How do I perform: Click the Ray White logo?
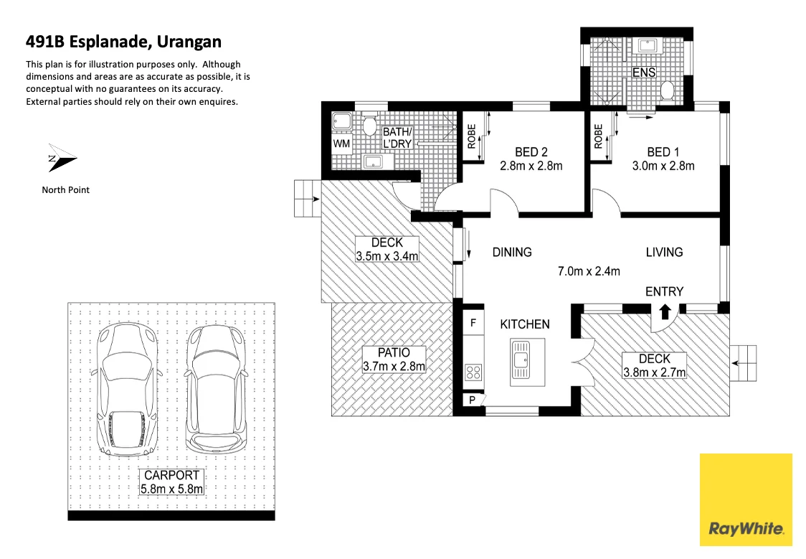click(746, 500)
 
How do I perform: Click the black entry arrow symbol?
click(665, 311)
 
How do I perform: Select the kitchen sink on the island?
click(521, 359)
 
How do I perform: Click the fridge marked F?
click(473, 324)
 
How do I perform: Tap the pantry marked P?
click(473, 400)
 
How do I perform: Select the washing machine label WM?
click(341, 143)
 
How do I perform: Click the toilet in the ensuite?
click(668, 91)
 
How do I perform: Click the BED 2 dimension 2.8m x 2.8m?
click(531, 166)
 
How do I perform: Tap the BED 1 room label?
click(663, 152)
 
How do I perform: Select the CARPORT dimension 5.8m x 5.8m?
click(171, 489)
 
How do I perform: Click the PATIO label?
click(394, 352)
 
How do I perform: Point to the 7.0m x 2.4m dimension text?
click(589, 271)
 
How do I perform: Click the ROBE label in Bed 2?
click(471, 137)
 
